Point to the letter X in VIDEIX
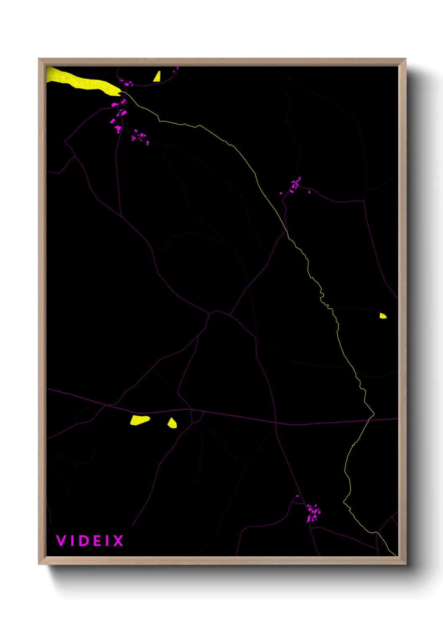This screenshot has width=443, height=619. tap(118, 541)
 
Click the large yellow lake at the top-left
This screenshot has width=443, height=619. tap(84, 82)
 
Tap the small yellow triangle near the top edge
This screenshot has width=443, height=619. tap(157, 77)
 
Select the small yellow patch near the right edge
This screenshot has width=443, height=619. tap(383, 316)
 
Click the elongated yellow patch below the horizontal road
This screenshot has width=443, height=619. tap(139, 420)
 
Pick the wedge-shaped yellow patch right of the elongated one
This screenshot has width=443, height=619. tap(172, 423)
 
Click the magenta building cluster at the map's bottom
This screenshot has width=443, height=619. tap(313, 513)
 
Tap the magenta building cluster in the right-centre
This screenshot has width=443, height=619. tap(295, 185)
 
